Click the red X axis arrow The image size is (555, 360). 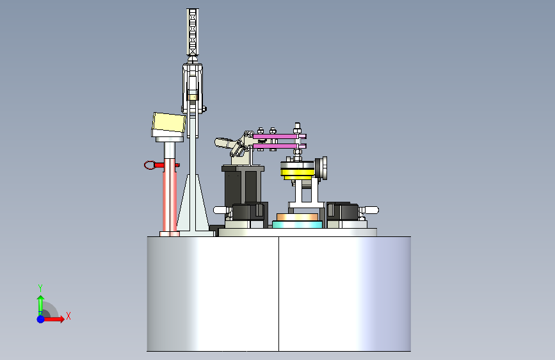point(53,319)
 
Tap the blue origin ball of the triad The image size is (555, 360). point(41,319)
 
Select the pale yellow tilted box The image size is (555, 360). point(169,122)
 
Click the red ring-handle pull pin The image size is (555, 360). point(156,165)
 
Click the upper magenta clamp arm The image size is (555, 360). point(279,136)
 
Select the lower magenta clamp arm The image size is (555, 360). point(279,146)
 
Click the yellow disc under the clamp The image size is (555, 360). point(297,173)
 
